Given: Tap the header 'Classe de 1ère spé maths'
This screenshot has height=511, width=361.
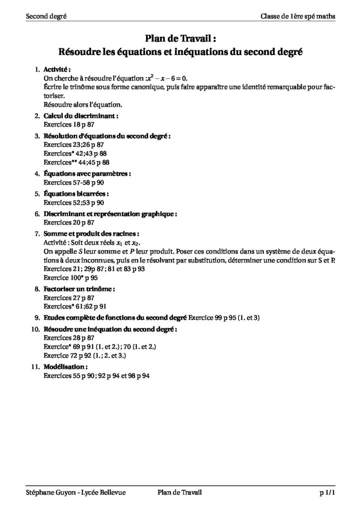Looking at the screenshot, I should pos(298,16).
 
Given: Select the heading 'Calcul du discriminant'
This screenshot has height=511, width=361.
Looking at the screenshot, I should pos(81,116).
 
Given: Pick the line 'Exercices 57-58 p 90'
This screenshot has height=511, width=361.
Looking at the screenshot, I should pos(73,183).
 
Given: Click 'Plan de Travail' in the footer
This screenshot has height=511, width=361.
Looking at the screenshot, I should pos(179,493).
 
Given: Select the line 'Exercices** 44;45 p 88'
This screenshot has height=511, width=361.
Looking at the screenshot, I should pos(76,163).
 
